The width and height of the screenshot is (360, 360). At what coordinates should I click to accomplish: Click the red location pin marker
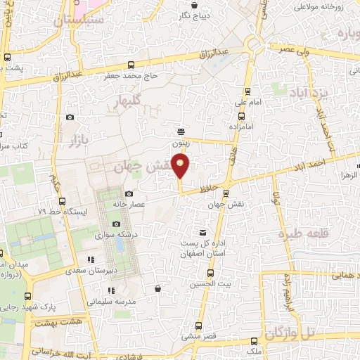pos(181,166)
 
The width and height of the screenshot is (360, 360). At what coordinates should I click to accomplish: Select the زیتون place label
pos(181,142)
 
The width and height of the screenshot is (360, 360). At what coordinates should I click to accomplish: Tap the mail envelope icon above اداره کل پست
pos(203,233)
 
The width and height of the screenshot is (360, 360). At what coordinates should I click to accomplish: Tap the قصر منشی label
pos(198,337)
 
